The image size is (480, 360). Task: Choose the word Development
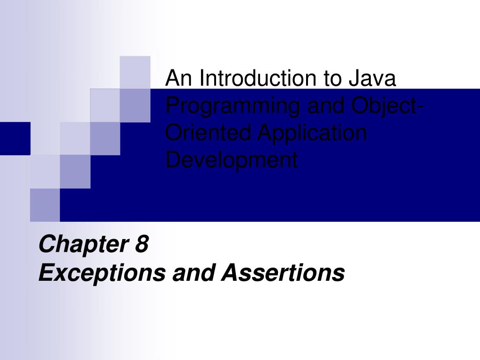coord(232,161)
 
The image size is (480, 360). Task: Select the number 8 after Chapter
coord(142,245)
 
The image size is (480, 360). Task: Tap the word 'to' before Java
coord(331,78)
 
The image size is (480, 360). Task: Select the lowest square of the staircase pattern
coord(45,205)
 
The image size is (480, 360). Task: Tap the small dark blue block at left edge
coord(15,138)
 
